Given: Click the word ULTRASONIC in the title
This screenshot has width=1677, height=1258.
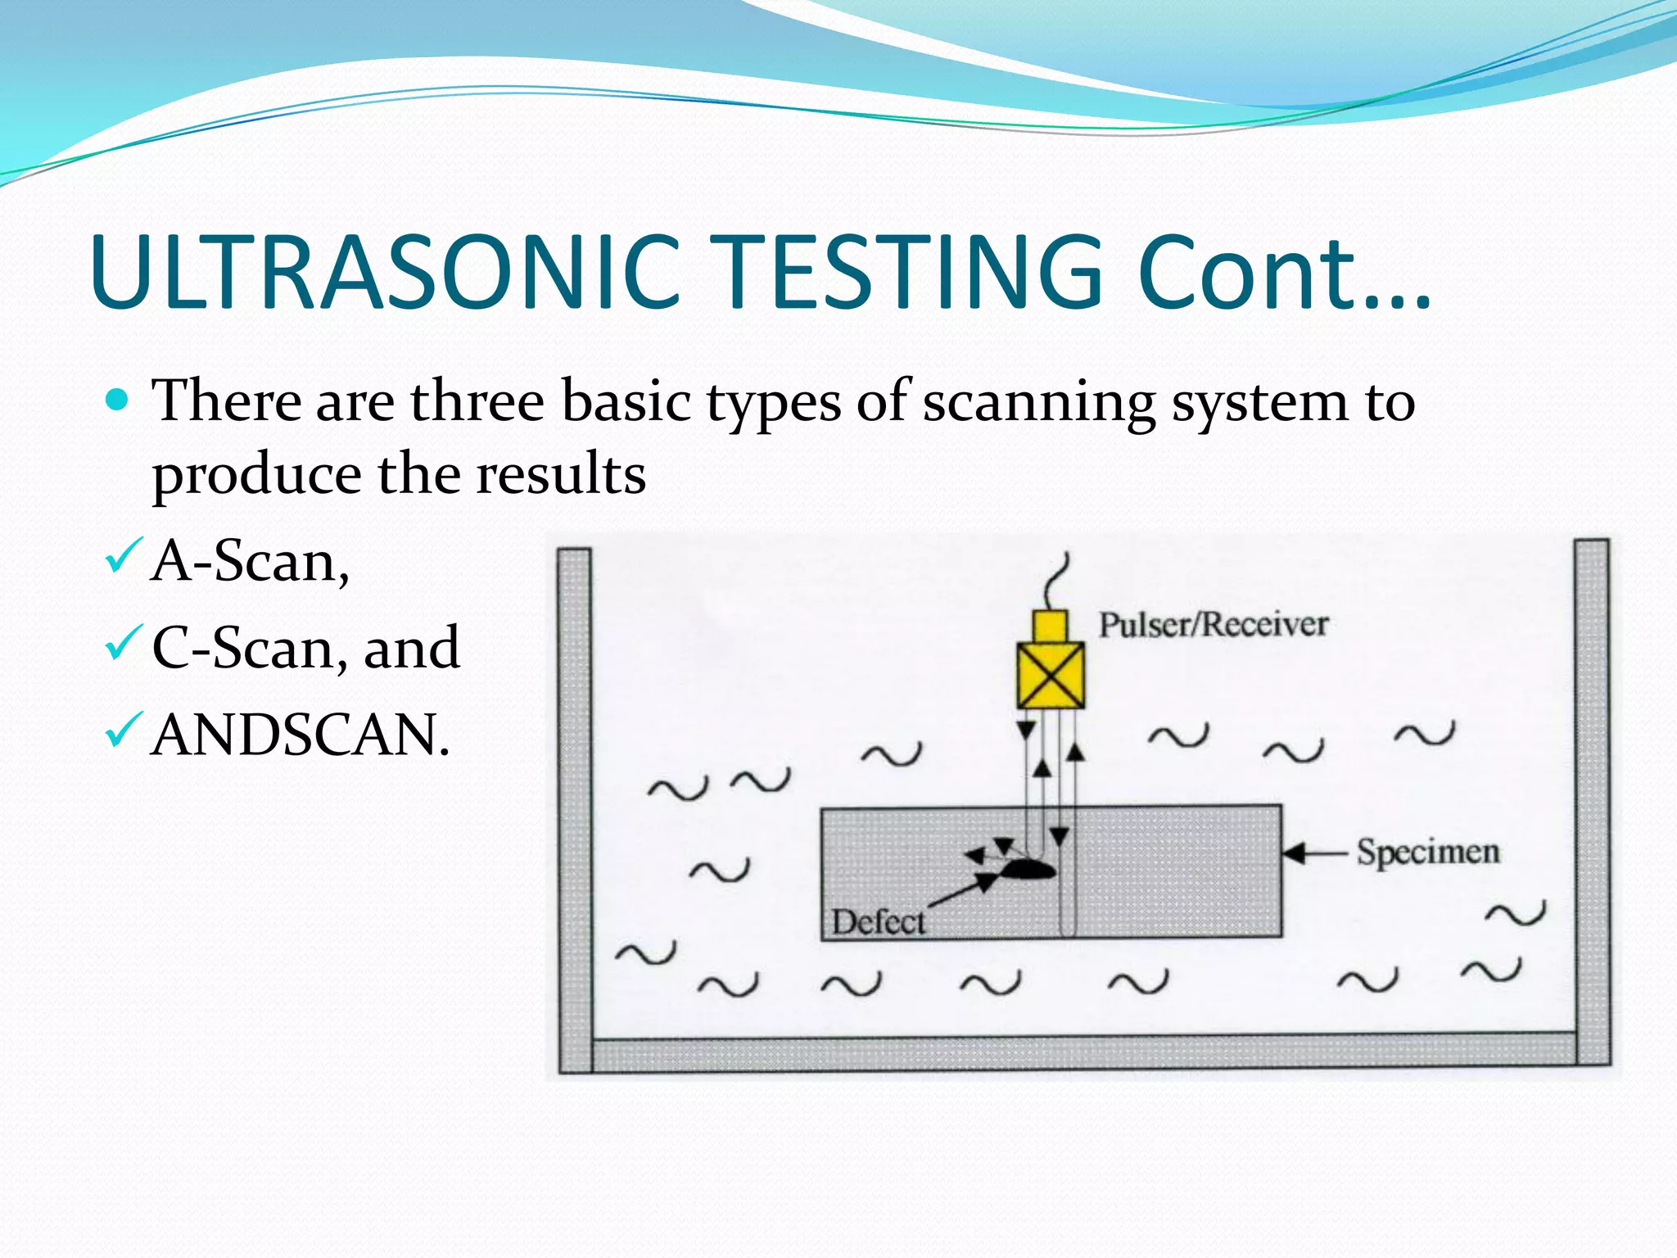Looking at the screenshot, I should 385,272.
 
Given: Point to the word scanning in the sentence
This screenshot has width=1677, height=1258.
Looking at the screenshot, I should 1038,403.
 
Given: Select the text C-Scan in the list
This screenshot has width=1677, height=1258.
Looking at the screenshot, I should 242,649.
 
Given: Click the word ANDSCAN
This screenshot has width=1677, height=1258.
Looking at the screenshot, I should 301,735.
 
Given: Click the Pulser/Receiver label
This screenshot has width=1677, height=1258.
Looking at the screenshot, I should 1213,625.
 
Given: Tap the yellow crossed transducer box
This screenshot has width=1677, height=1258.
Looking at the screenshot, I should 1050,676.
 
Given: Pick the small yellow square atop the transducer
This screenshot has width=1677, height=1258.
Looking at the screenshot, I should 1050,627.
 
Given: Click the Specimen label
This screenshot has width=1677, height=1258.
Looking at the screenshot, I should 1428,852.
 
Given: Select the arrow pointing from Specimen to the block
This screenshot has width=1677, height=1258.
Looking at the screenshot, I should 1314,853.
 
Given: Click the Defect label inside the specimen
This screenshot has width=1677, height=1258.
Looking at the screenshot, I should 878,922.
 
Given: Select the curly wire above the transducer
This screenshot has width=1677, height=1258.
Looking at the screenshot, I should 1056,581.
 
